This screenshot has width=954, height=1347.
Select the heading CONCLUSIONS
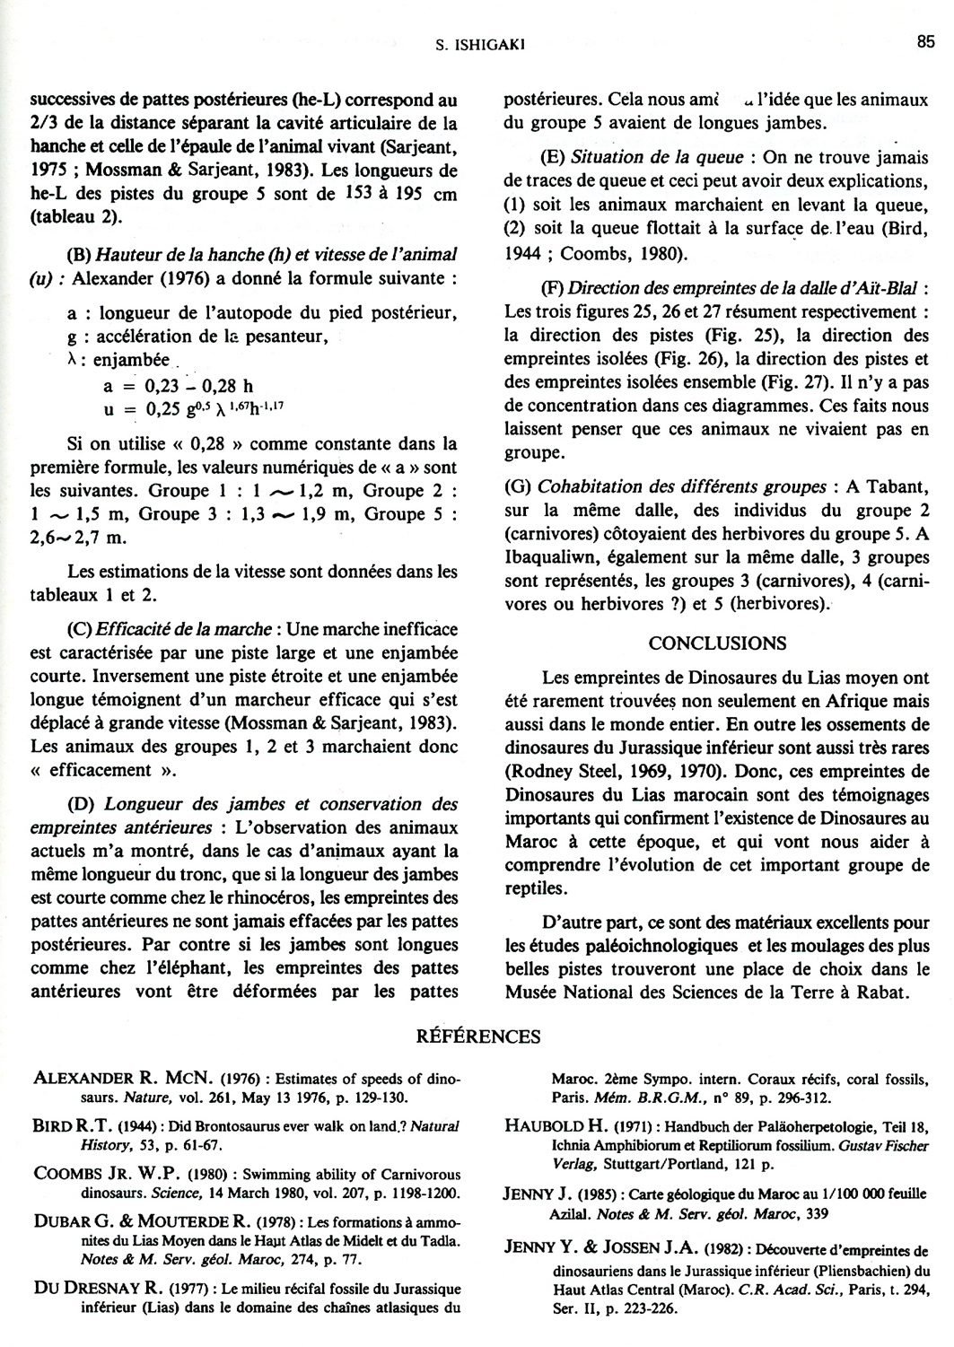tap(717, 643)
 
